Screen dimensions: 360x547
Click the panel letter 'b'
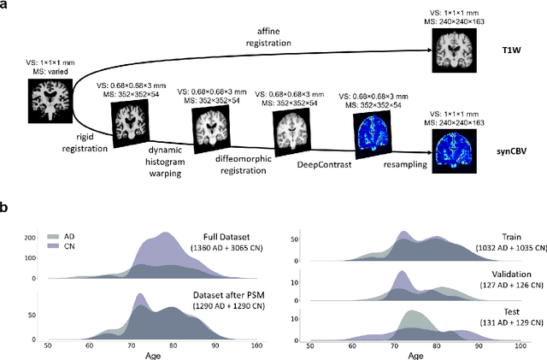pos(6,207)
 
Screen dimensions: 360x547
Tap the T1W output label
pos(512,50)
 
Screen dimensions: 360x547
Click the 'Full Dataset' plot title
pos(222,236)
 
